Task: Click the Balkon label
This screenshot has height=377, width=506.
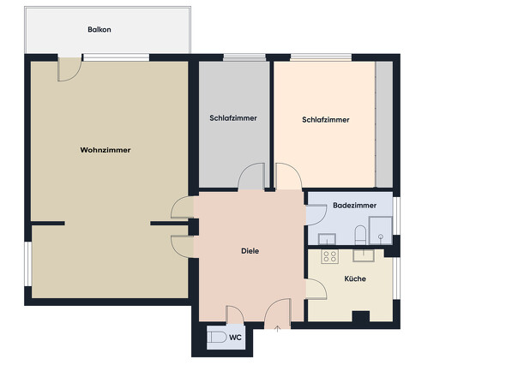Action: (99, 29)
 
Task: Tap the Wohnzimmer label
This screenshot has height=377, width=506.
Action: (105, 150)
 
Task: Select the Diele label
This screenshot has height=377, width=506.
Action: (249, 251)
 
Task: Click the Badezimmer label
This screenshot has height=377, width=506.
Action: (354, 206)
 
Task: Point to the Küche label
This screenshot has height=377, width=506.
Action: (356, 279)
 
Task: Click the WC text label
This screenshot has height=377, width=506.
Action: (235, 338)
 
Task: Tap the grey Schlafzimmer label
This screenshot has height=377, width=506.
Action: (233, 118)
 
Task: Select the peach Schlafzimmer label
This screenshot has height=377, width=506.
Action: (326, 120)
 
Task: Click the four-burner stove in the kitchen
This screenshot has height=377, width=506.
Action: (329, 256)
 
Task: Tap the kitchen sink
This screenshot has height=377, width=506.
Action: (366, 254)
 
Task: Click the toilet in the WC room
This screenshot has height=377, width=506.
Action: (215, 338)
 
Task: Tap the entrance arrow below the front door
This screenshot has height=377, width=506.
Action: (278, 328)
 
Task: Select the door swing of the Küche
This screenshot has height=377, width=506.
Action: (315, 289)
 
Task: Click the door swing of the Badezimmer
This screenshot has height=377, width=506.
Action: (314, 213)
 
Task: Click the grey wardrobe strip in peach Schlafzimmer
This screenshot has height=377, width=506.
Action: (384, 124)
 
